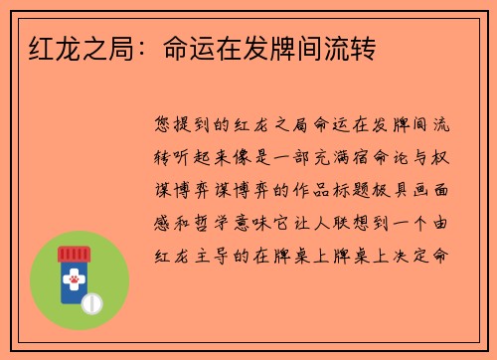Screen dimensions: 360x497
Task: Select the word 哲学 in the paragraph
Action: click(x=218, y=221)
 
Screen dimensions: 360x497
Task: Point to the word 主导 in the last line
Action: click(x=218, y=253)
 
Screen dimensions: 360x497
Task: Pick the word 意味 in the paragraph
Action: click(x=261, y=221)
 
